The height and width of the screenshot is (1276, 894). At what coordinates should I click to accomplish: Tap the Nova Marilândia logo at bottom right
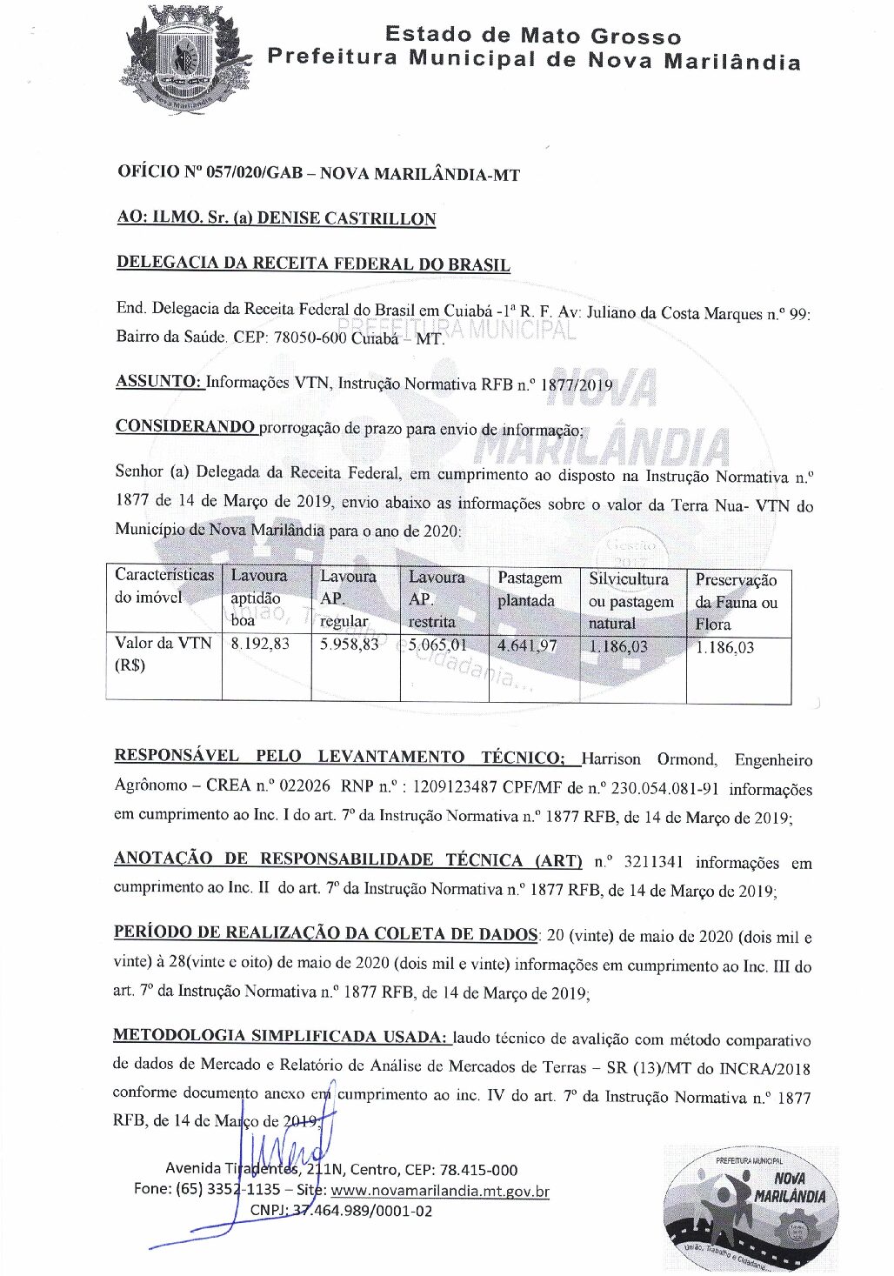tap(751, 1208)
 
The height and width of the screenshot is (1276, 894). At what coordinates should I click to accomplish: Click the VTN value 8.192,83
tap(259, 645)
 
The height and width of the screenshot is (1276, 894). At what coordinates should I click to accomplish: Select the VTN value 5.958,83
tap(349, 645)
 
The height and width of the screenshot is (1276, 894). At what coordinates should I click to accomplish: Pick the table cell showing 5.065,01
tap(437, 645)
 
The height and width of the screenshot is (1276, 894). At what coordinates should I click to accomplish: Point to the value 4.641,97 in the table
tap(527, 646)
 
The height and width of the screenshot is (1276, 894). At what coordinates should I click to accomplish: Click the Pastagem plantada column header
tap(529, 590)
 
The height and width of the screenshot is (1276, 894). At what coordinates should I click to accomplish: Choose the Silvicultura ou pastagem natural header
tap(630, 601)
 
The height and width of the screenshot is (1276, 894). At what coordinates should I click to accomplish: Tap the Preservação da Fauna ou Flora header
tap(736, 602)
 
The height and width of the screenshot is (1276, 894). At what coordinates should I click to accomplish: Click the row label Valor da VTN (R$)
tap(163, 654)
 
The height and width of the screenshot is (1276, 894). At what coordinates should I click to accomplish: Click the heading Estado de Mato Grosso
tap(532, 36)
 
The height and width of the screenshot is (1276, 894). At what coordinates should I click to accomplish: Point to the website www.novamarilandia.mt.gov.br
tap(440, 1191)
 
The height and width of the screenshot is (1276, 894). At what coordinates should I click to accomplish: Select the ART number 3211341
tap(652, 863)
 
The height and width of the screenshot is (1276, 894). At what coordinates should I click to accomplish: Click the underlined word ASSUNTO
tap(158, 382)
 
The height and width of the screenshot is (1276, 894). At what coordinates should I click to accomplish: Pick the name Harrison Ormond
tap(649, 759)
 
